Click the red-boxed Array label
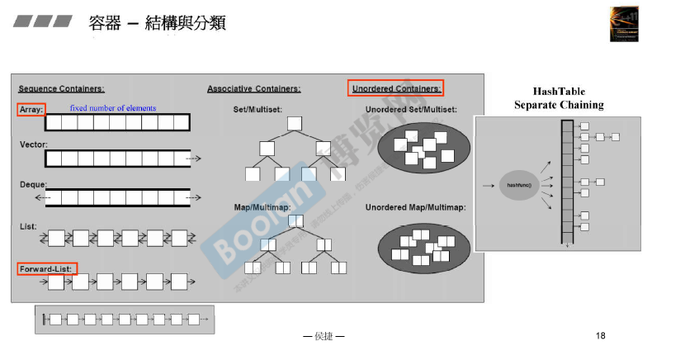tap(31, 109)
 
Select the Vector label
tap(33, 144)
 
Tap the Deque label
tap(33, 184)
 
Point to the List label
tap(27, 225)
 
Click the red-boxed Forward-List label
tap(46, 269)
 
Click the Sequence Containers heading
tap(61, 88)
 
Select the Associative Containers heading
tap(253, 88)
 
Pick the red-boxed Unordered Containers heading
tap(396, 88)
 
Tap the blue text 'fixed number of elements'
tap(112, 108)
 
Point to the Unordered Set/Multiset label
tap(411, 108)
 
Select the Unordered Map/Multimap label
tap(415, 206)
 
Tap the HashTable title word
tap(559, 92)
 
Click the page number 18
tap(600, 335)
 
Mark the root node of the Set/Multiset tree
tap(295, 124)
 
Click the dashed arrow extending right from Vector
tap(194, 157)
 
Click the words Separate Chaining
tap(559, 105)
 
